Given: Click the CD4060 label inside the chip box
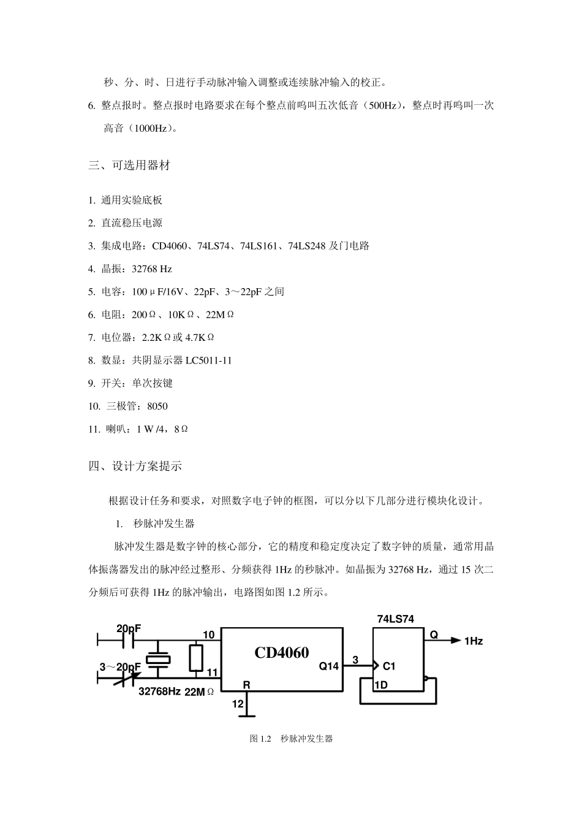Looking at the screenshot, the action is tap(282, 652).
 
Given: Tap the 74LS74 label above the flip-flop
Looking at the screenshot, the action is tap(395, 619).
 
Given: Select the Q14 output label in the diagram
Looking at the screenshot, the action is tap(328, 666).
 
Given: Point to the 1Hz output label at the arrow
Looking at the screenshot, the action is tap(474, 641).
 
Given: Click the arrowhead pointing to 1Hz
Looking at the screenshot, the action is tap(455, 641).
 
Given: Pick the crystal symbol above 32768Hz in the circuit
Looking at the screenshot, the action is tap(159, 660).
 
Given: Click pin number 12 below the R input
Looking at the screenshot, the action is tap(237, 704).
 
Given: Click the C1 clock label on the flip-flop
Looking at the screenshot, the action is tap(389, 666).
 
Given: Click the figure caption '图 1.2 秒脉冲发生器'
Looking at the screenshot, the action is tap(291, 739).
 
